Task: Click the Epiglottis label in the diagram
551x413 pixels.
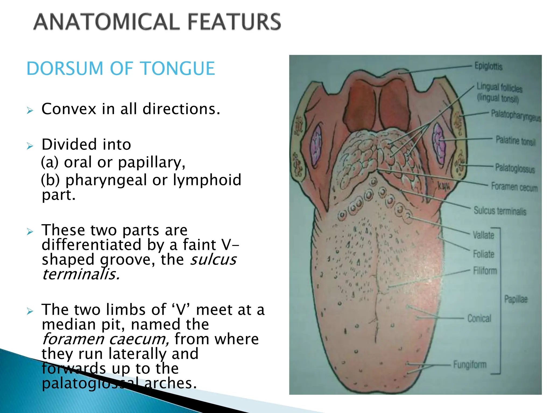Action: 488,66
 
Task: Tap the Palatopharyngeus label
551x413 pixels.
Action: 515,115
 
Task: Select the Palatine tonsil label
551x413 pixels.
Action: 515,141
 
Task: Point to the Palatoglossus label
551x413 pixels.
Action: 515,168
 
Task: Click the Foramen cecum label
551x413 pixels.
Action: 514,187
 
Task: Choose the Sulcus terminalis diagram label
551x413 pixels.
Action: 500,211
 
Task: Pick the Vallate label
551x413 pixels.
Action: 483,235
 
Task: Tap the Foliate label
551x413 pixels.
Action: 483,254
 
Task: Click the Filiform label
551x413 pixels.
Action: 485,271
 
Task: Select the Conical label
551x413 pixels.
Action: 479,318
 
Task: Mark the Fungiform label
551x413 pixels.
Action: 470,365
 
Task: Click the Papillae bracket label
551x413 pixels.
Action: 516,299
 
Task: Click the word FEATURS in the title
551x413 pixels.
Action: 234,22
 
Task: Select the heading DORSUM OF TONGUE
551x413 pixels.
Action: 121,68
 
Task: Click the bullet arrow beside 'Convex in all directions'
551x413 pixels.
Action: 30,110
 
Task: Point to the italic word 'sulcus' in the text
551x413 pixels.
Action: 213,260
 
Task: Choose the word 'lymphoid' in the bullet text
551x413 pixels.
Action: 207,180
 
